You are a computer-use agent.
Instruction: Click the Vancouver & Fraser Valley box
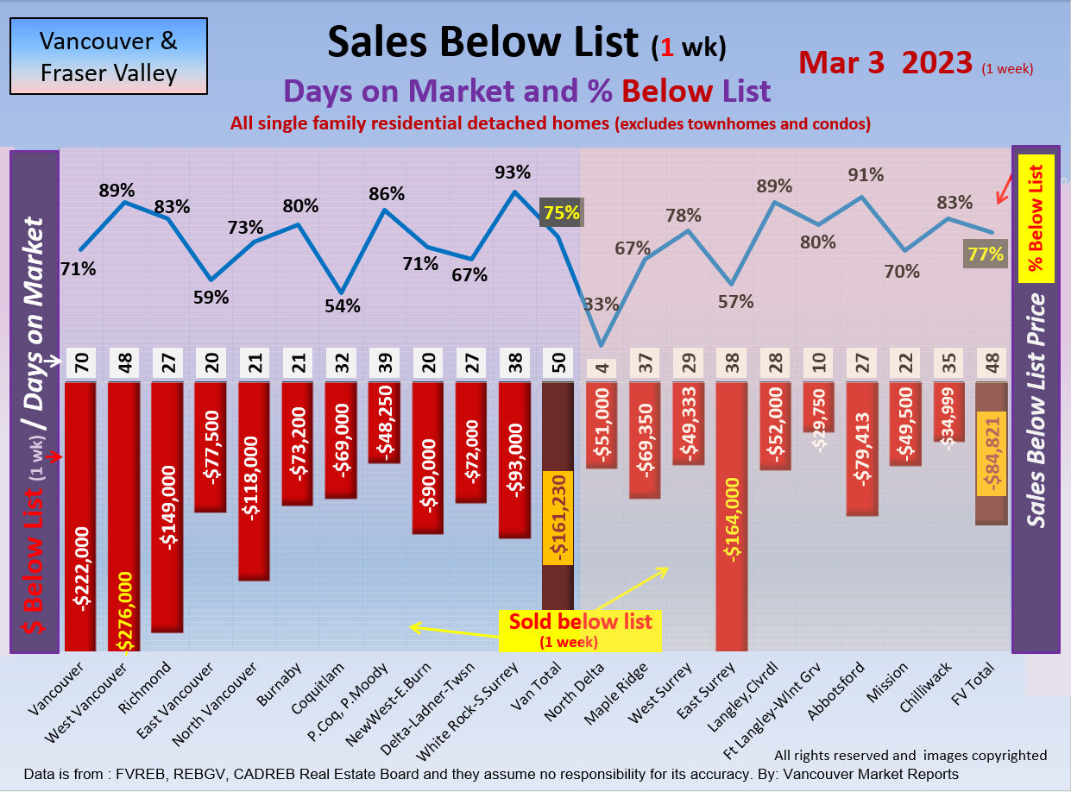pos(109,56)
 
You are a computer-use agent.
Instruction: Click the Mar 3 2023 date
pos(885,62)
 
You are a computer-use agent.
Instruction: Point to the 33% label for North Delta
pos(601,304)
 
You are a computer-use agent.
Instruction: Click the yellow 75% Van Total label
pos(560,213)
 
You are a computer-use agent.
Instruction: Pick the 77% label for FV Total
pos(985,254)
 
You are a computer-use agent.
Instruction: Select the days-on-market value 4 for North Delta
pos(601,367)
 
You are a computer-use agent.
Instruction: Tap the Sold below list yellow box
pos(580,630)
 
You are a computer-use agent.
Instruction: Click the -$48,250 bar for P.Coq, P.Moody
pos(384,423)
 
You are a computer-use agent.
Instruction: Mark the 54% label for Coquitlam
pos(343,305)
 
